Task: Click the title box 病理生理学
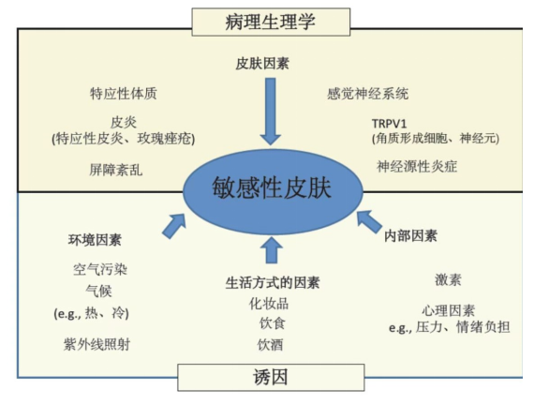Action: [271, 22]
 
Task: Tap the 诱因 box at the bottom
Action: [271, 377]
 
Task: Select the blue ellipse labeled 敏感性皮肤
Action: [273, 191]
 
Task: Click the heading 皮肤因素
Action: [262, 64]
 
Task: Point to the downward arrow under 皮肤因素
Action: [271, 112]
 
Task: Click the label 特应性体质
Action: [124, 94]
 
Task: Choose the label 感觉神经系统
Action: [367, 94]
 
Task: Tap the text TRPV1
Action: [389, 124]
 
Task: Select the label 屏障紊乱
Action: [116, 170]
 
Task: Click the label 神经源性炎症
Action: [417, 167]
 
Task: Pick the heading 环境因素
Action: [95, 240]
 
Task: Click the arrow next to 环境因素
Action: [174, 226]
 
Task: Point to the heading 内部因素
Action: [410, 236]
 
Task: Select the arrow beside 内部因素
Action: [369, 222]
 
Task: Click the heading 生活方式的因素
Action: [273, 283]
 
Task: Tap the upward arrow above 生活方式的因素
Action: [272, 250]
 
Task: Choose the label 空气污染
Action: [100, 269]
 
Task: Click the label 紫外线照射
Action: [96, 344]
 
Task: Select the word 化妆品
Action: [269, 304]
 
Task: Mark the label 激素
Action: [448, 280]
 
